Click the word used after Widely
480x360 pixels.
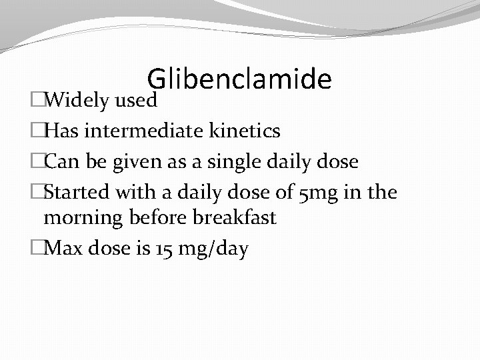point(137,101)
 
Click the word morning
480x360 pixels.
point(83,217)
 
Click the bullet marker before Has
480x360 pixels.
point(37,131)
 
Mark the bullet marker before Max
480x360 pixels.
point(37,249)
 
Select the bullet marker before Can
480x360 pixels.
point(37,162)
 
